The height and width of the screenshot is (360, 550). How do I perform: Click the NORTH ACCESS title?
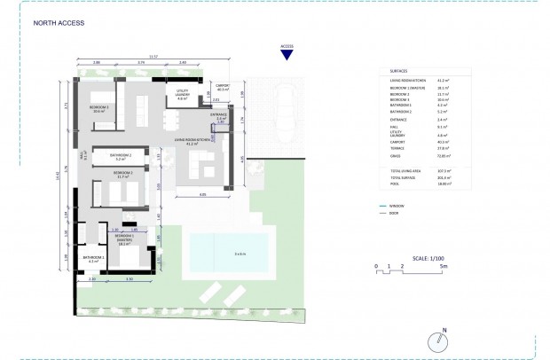click(x=59, y=24)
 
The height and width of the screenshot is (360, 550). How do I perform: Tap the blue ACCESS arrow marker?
click(x=286, y=55)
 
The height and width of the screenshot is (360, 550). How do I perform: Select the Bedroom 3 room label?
click(x=98, y=109)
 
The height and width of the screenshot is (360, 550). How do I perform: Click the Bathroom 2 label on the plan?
click(x=122, y=157)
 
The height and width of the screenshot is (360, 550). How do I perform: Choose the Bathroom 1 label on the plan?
click(x=93, y=259)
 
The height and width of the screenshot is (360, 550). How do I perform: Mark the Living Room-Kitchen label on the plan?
click(x=192, y=140)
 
